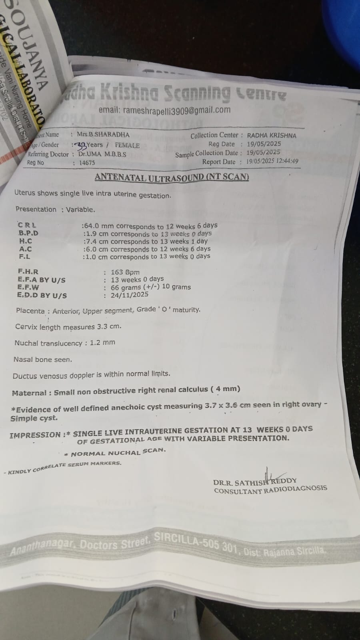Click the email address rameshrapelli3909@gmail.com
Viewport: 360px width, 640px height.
click(164, 110)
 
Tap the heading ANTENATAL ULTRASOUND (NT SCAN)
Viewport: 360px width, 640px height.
click(172, 177)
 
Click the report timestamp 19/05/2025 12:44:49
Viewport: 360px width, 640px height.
click(272, 161)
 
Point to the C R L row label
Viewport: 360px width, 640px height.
click(26, 225)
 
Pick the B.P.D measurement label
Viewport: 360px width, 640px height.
click(28, 233)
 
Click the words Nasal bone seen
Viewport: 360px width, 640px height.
click(43, 360)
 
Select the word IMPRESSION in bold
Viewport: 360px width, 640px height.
click(35, 435)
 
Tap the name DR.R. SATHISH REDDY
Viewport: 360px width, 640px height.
click(255, 482)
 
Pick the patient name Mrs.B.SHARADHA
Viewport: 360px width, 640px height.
click(103, 135)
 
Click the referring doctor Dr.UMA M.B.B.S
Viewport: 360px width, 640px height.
click(102, 154)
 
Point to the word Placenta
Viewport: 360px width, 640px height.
click(30, 311)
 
